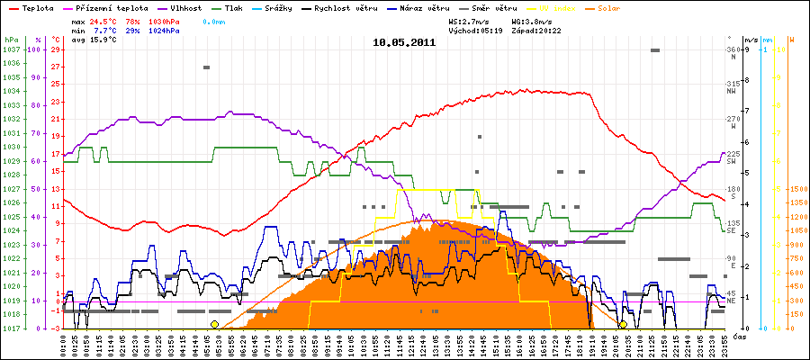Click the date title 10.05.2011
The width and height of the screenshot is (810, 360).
(404, 41)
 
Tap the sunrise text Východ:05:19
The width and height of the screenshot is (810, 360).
(480, 30)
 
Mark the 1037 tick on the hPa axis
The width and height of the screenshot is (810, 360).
(11, 49)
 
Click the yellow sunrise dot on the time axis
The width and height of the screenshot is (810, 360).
(214, 324)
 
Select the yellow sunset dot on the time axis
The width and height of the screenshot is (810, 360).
(623, 324)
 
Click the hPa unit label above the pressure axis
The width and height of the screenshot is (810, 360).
(11, 40)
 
